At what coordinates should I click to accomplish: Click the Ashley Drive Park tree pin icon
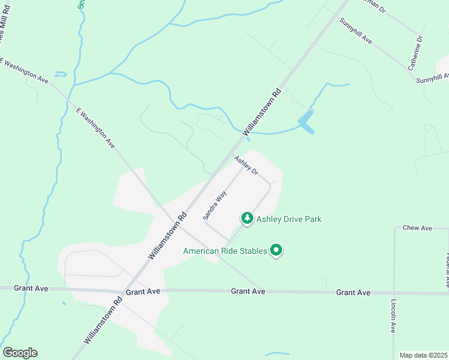point(247,218)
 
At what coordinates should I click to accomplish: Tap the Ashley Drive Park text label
point(289,219)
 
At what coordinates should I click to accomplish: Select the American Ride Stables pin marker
point(276,250)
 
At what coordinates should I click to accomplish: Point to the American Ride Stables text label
point(225,251)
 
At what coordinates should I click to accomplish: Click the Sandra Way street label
point(214,204)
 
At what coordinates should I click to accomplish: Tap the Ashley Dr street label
point(246,166)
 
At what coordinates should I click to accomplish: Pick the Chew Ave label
point(418,228)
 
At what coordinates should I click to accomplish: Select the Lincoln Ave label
point(393,316)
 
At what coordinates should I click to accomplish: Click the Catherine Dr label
point(415,53)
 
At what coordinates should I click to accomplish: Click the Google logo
point(20,353)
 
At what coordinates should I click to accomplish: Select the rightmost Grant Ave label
point(353,292)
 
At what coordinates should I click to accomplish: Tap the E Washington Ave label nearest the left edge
point(24,70)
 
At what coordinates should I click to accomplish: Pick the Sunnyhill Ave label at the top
point(356,32)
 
